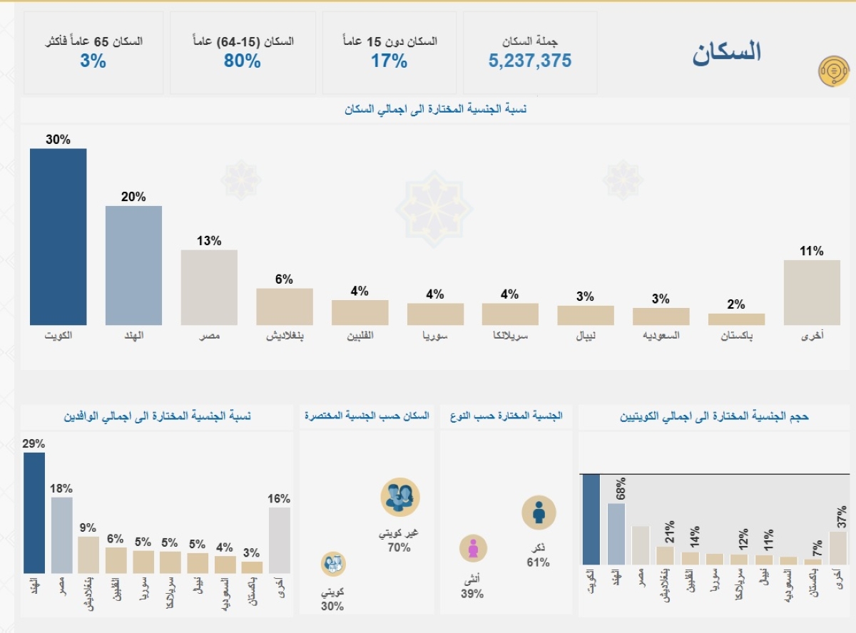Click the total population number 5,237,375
[x=530, y=61]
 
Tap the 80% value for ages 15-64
[x=243, y=61]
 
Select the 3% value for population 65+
[x=93, y=61]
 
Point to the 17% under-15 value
[x=389, y=61]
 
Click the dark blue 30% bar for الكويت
[x=58, y=237]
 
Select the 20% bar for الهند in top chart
[x=133, y=265]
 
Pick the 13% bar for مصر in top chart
[x=209, y=287]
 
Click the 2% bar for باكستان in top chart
[x=736, y=319]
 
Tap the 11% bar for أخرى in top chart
[x=812, y=292]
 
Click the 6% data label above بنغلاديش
[x=284, y=279]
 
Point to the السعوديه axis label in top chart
[x=661, y=335]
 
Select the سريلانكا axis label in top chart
[x=510, y=335]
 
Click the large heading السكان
[x=726, y=52]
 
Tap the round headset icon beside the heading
[x=833, y=71]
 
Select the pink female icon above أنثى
[x=472, y=548]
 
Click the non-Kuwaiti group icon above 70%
[x=399, y=497]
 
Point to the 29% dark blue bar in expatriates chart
[x=34, y=513]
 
